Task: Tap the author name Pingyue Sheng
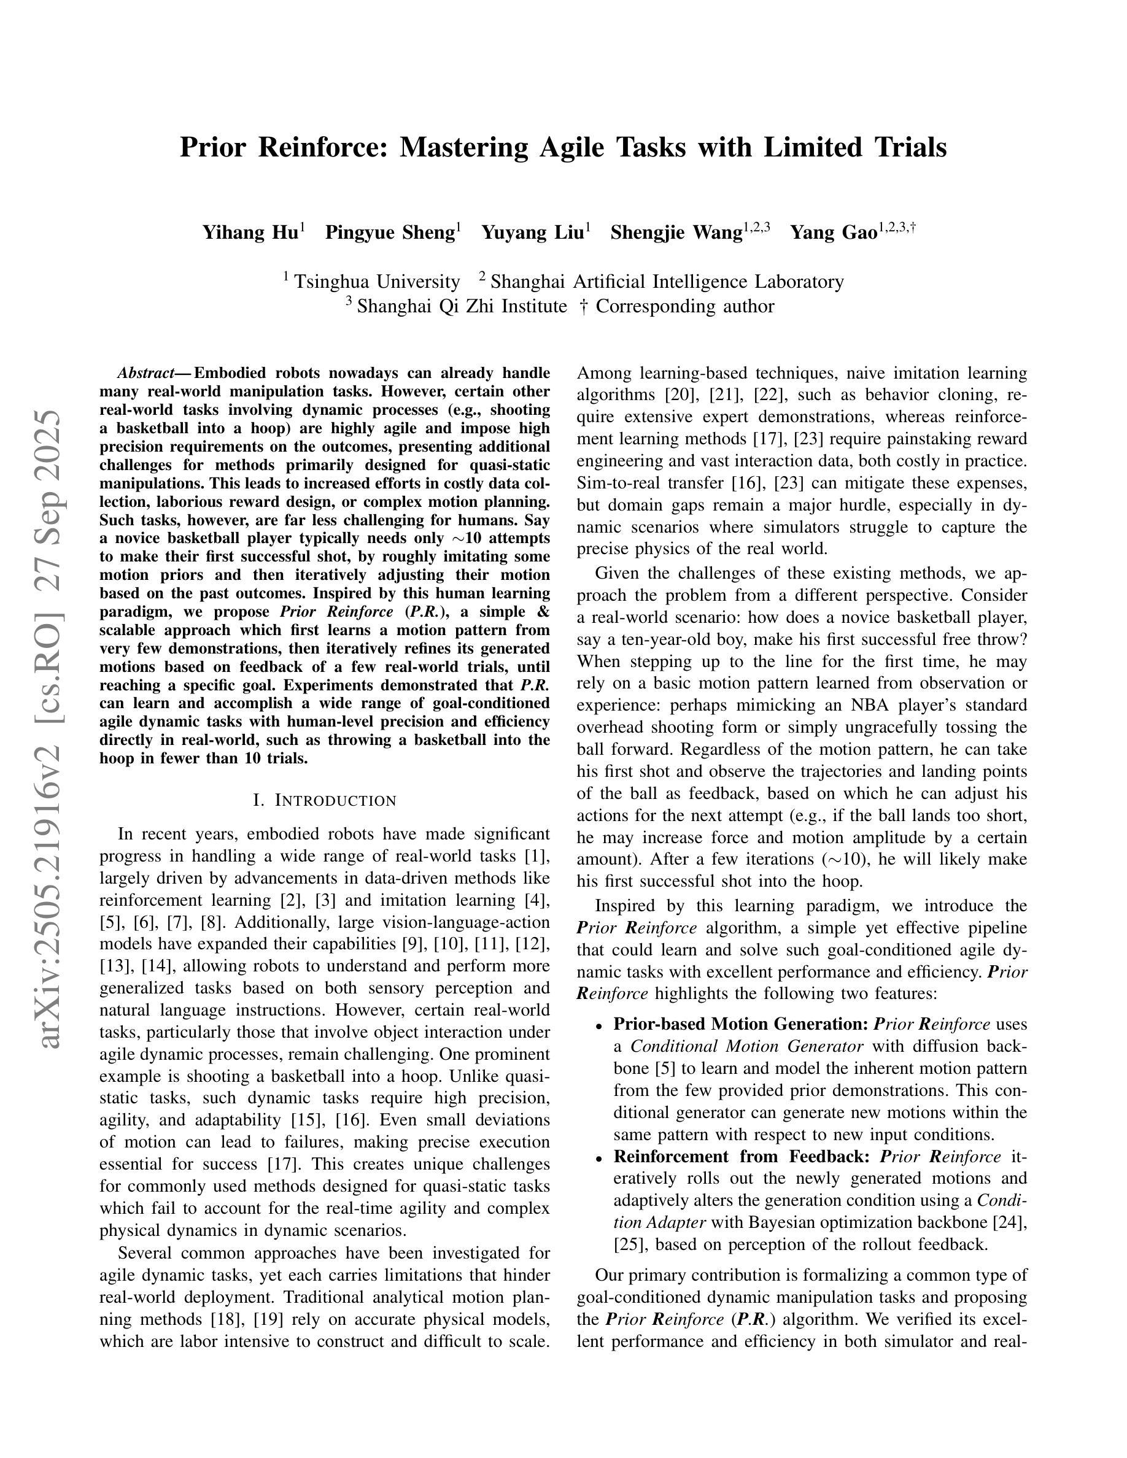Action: click(390, 233)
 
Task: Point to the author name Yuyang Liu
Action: click(532, 233)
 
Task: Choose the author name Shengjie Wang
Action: click(676, 233)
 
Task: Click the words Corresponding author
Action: click(684, 306)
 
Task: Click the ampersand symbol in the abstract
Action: click(543, 612)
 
